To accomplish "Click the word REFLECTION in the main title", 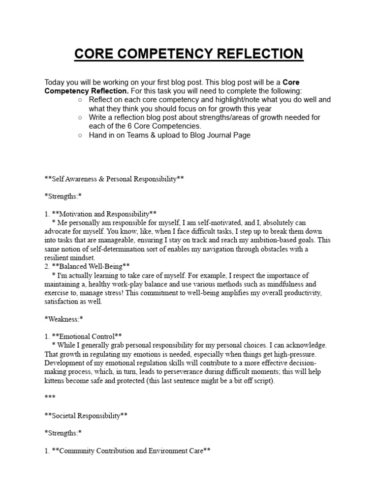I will tap(258, 54).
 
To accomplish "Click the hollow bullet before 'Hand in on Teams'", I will tap(80, 135).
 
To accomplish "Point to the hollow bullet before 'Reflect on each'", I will tap(80, 100).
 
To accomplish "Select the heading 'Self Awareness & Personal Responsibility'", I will tap(114, 179).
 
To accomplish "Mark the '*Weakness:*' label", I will tap(63, 319).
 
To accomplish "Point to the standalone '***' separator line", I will tap(50, 398).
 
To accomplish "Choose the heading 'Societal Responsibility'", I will tap(86, 416).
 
